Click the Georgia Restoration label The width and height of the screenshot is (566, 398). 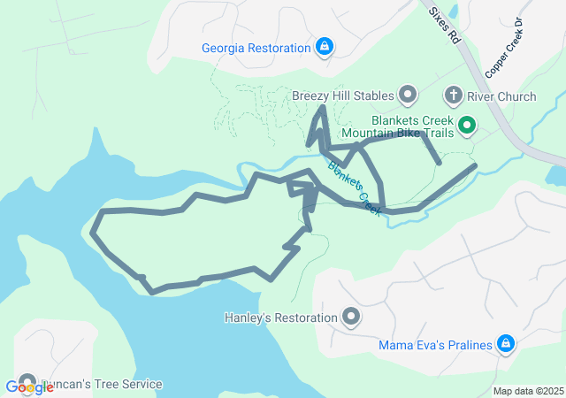[256, 48]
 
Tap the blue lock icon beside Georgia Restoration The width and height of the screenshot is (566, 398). [325, 47]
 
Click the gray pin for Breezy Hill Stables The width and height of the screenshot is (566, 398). [408, 94]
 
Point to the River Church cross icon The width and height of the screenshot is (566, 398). [454, 95]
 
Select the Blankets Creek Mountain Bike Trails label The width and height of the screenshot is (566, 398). [412, 126]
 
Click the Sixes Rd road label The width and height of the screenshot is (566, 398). [444, 24]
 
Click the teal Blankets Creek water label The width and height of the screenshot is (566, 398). [354, 186]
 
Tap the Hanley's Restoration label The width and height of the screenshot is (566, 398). [281, 317]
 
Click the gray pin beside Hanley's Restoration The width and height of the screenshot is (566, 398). [351, 316]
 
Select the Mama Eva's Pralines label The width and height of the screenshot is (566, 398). [435, 344]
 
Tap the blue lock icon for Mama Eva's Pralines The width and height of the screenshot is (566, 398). [505, 343]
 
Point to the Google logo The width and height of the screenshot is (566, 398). [28, 386]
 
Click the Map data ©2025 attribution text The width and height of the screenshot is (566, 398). [527, 391]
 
